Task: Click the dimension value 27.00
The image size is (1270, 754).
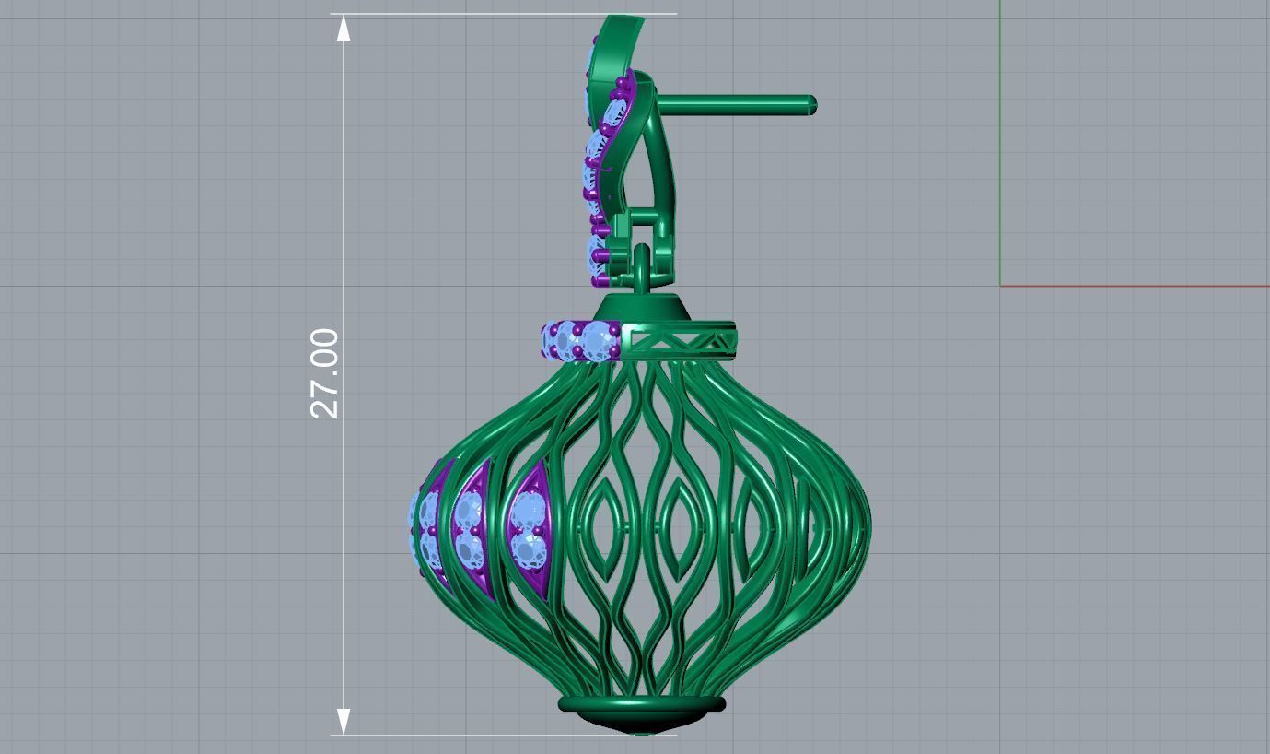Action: point(324,373)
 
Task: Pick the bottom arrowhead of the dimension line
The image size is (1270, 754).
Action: point(344,721)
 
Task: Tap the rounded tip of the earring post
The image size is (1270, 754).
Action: point(811,106)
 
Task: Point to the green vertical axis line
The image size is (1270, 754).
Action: point(1000,138)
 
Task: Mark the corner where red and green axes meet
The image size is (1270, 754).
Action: point(1000,285)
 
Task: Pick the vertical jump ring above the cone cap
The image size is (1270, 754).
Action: point(642,268)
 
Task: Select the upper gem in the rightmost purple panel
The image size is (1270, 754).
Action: point(529,510)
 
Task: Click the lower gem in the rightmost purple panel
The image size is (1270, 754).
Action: point(529,552)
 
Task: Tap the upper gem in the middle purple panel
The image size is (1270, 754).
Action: point(470,508)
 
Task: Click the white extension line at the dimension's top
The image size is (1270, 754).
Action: point(507,14)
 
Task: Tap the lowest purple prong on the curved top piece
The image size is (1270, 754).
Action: point(601,278)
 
